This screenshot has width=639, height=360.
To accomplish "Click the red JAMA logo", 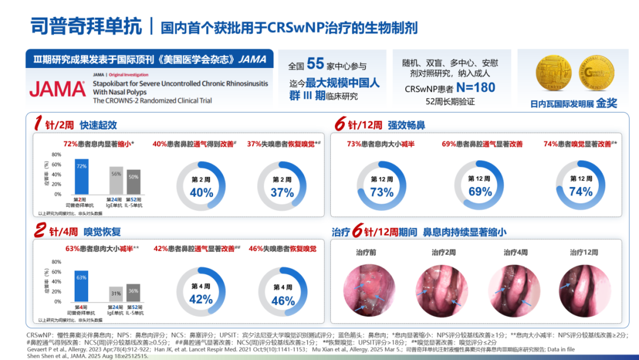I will (57, 89).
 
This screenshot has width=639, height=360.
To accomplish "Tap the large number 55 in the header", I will (315, 64).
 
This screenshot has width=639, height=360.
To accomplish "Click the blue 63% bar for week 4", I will (81, 286).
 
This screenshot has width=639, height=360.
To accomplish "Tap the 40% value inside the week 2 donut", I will (201, 192).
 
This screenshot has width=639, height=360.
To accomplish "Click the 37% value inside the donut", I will (282, 192).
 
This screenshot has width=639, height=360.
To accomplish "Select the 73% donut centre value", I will (382, 192).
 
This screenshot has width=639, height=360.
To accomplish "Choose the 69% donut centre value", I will (480, 192).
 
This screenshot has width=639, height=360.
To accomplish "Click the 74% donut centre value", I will (580, 191).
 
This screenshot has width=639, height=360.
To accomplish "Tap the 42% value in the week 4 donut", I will (201, 300).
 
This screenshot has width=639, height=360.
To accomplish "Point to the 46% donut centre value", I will (282, 300).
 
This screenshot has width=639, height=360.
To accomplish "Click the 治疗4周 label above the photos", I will (516, 252).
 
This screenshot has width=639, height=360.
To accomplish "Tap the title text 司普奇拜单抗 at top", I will (86, 26).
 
